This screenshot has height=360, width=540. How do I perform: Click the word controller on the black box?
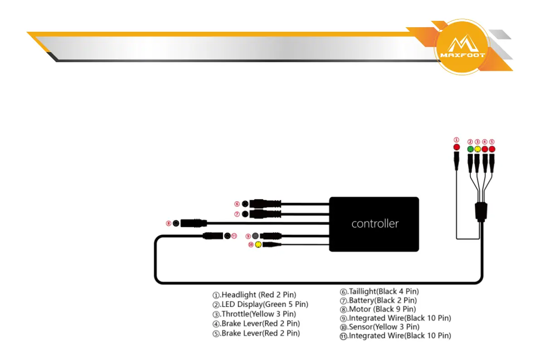(x=375, y=224)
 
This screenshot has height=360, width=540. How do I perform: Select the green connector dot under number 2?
(x=470, y=149)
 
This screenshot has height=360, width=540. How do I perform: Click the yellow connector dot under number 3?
(x=477, y=149)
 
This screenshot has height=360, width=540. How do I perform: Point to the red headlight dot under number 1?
(x=457, y=148)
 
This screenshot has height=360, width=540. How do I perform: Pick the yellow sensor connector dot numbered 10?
(x=258, y=245)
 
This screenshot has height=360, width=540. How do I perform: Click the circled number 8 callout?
(x=169, y=223)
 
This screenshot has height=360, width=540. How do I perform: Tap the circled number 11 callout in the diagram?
(x=234, y=236)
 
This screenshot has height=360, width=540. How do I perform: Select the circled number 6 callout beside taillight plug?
(x=237, y=204)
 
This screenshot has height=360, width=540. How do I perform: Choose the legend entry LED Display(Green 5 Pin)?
(x=260, y=304)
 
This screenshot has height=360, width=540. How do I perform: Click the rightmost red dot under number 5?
(x=492, y=149)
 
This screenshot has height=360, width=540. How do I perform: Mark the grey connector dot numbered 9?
(x=255, y=236)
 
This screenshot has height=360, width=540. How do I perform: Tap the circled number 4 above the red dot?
(x=485, y=141)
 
